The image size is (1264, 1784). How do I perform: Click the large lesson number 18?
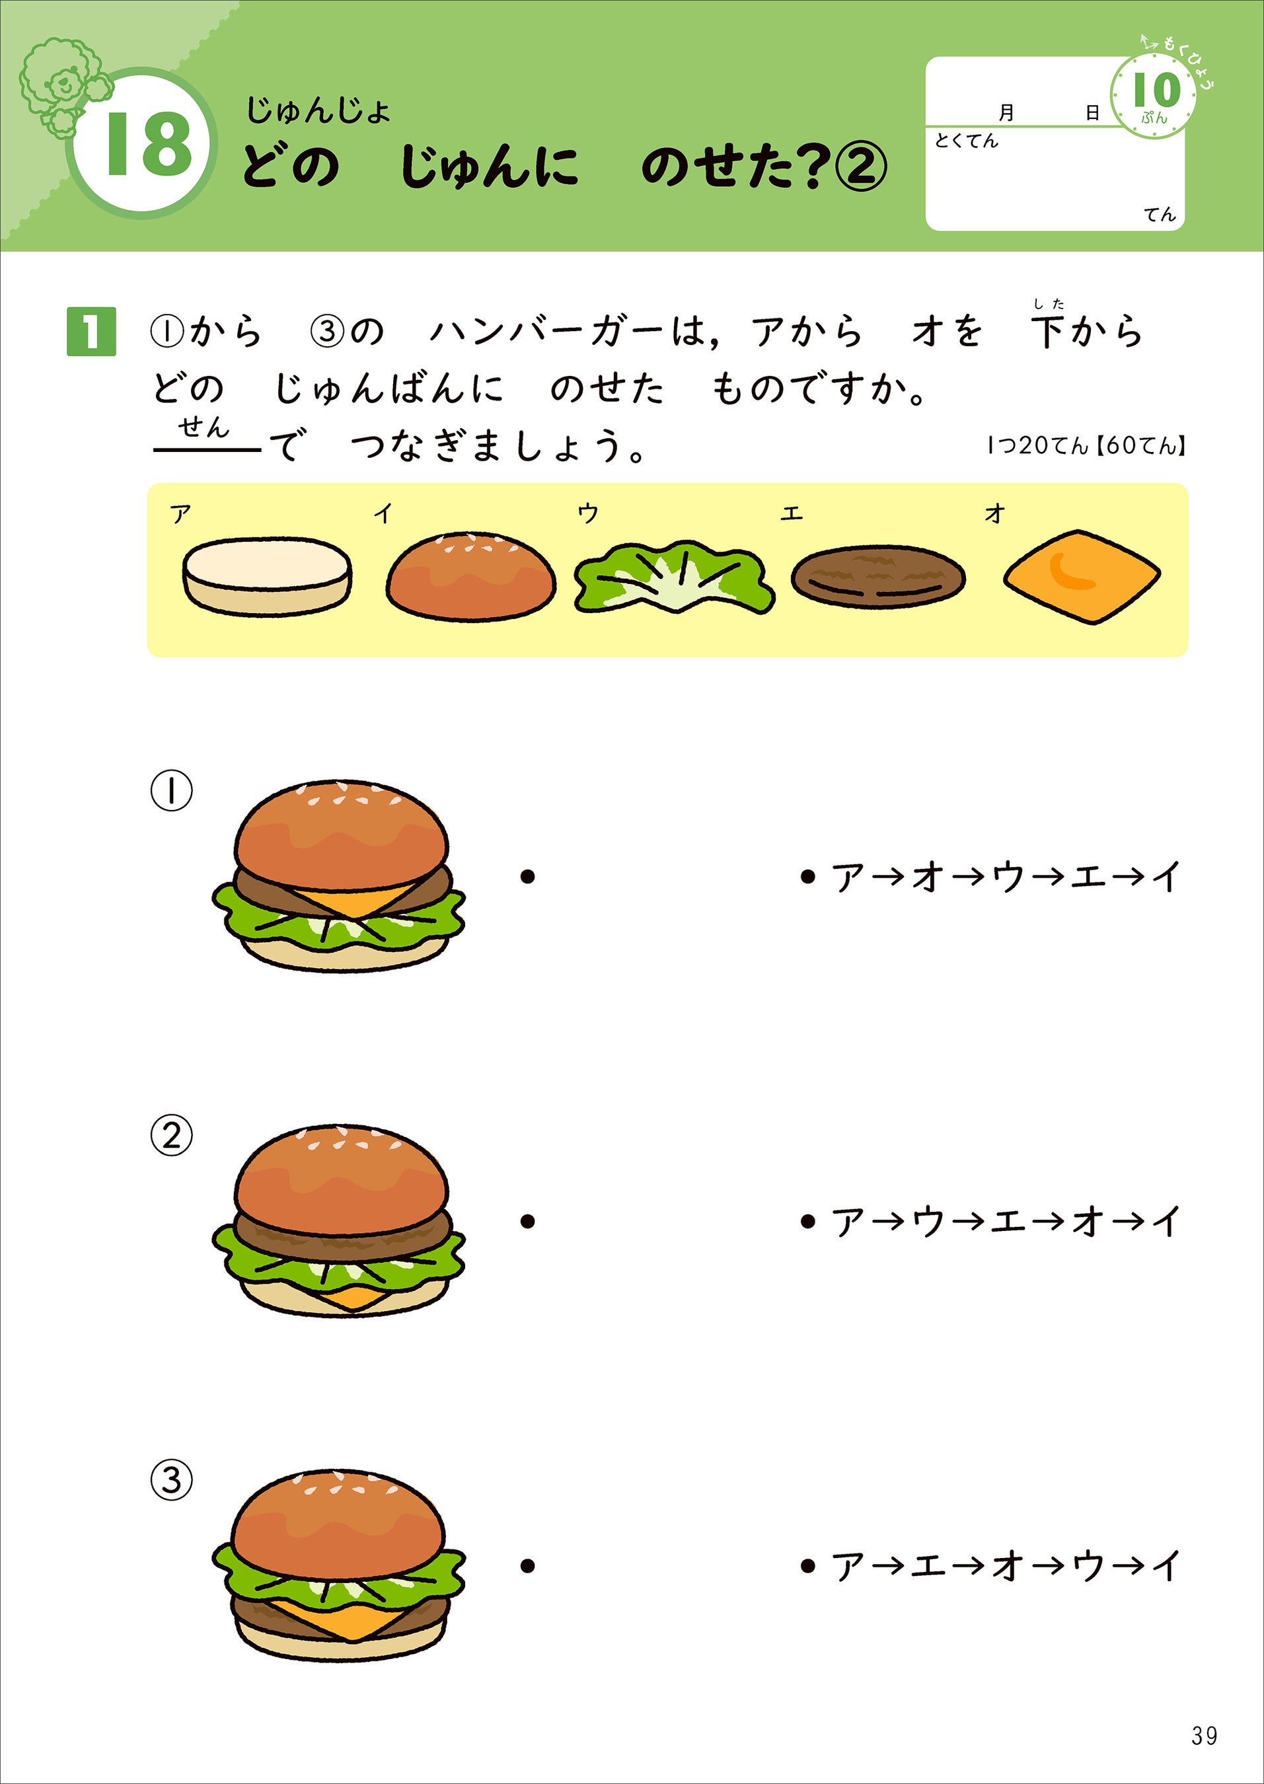(148, 144)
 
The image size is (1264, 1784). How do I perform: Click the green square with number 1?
(91, 332)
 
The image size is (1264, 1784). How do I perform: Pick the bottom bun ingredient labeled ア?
(267, 576)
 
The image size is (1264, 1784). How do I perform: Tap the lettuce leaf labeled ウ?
(674, 577)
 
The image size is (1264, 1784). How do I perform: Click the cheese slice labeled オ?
(1082, 577)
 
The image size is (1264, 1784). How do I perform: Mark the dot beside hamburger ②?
(528, 1221)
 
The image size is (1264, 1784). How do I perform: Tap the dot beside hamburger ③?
(528, 1565)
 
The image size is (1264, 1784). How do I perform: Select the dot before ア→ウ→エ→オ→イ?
(807, 1221)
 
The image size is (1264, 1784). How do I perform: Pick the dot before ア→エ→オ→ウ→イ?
(807, 1565)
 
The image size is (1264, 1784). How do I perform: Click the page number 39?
(1203, 1735)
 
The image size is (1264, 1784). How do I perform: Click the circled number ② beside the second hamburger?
(171, 1136)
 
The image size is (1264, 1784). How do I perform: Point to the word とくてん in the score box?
(966, 141)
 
